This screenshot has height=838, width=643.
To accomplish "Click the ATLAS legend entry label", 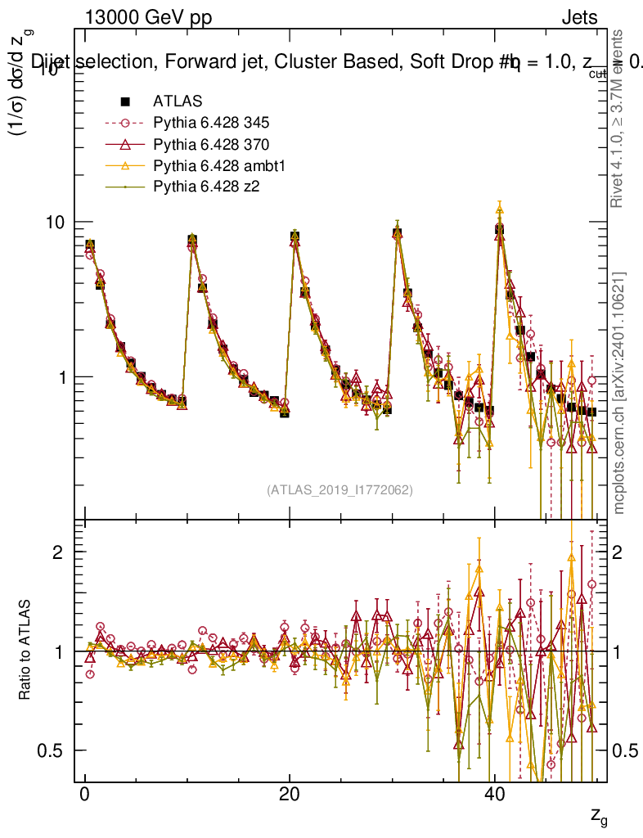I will [x=177, y=101].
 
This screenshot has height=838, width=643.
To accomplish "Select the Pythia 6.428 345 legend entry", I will [x=211, y=124].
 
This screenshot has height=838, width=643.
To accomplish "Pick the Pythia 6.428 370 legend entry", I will [x=211, y=145].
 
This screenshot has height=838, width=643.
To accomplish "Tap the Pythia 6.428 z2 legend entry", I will [x=206, y=187].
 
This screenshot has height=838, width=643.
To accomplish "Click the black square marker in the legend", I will [x=126, y=101].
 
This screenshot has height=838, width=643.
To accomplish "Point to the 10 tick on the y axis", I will [x=59, y=223].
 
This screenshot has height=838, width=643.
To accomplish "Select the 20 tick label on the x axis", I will [x=289, y=795].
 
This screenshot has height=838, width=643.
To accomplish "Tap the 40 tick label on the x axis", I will [x=493, y=795].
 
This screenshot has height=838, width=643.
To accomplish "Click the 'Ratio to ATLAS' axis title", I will [x=26, y=651].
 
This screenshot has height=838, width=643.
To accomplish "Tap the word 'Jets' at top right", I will [x=579, y=17].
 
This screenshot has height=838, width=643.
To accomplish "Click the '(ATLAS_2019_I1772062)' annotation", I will [x=339, y=490].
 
